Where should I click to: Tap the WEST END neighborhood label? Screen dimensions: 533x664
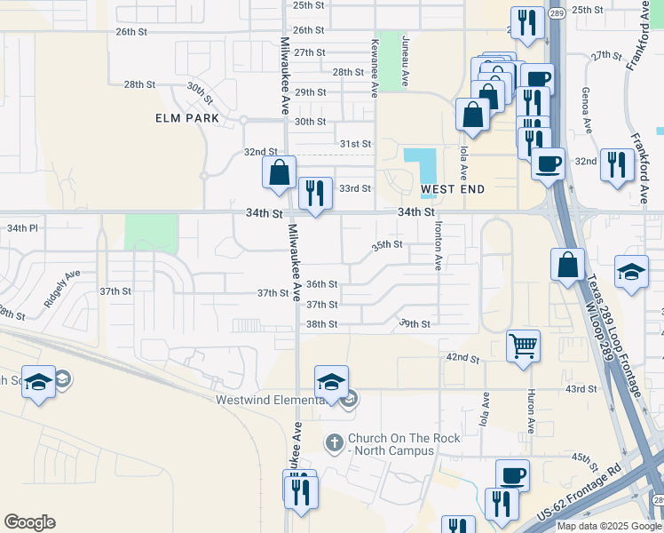pos(453,189)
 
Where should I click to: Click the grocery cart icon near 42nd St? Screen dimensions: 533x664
pos(524,345)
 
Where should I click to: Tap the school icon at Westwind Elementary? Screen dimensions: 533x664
pos(331,382)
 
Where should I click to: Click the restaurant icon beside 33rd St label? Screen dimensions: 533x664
pos(315,193)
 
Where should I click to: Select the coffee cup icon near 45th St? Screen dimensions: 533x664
pos(511,475)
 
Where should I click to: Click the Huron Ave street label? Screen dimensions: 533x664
pos(530,411)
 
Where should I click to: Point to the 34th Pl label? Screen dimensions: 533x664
pos(23,228)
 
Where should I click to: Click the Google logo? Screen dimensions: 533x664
pos(29,522)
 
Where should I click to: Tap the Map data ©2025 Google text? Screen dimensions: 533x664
pos(609,526)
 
